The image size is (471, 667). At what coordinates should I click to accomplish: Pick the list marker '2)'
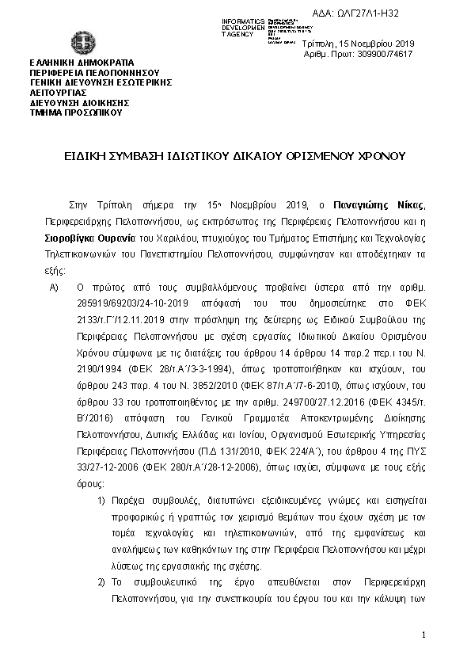(101, 582)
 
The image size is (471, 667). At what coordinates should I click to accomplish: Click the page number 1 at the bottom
(424, 635)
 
